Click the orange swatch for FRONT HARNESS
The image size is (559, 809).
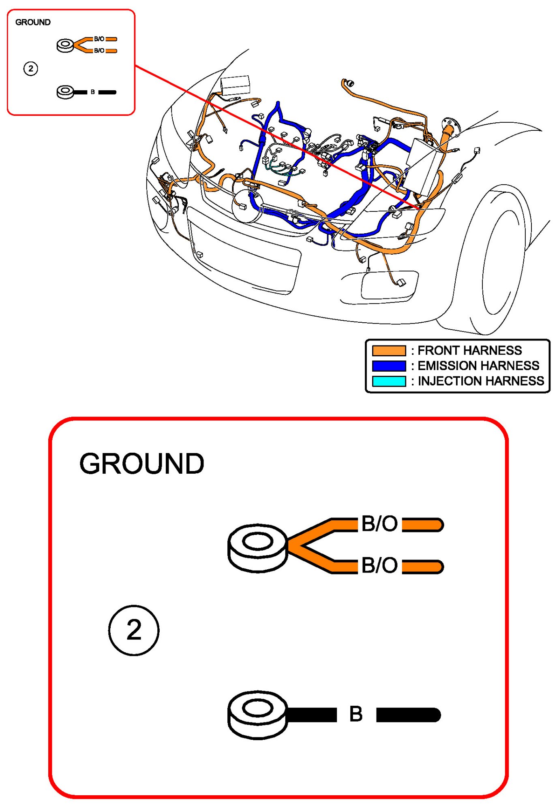coord(388,350)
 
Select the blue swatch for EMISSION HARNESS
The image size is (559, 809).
coord(388,366)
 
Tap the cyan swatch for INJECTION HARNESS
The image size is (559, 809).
coord(388,381)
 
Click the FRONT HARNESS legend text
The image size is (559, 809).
coord(469,350)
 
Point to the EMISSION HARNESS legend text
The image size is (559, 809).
coord(478,366)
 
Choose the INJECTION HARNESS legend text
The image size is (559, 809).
coord(481,381)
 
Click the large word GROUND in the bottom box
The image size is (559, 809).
coord(141,464)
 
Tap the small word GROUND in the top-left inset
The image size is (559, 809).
coord(33,22)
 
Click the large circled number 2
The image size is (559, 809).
coord(134,630)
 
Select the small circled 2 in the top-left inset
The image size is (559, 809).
coord(30,68)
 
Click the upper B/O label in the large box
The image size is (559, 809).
coord(379,524)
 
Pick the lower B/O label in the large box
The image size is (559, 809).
coord(379,565)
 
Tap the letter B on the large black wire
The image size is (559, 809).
coord(356,714)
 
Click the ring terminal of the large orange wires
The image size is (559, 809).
coord(257,547)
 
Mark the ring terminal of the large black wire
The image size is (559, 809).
coord(257,715)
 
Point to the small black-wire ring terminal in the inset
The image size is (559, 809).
coord(65,92)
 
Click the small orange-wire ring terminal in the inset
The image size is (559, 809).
coord(65,45)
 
